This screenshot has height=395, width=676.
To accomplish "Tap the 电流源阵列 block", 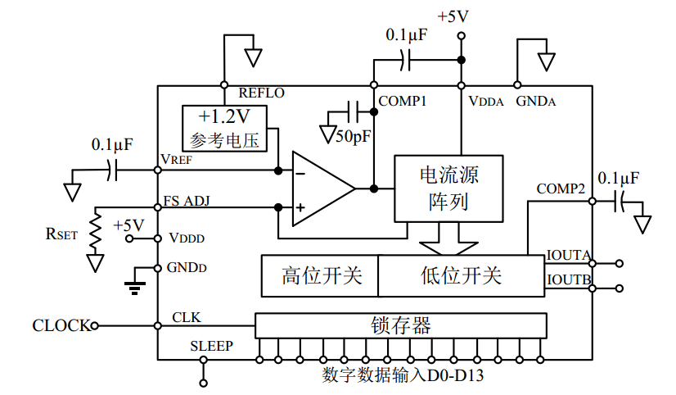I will pyautogui.click(x=448, y=188).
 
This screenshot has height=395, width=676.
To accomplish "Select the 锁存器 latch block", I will pyautogui.click(x=400, y=325).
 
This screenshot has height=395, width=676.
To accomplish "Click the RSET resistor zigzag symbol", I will pyautogui.click(x=96, y=233).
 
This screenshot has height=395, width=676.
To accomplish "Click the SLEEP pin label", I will pyautogui.click(x=211, y=346).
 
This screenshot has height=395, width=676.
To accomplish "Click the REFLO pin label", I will pyautogui.click(x=261, y=93).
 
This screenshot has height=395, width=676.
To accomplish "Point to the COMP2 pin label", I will pyautogui.click(x=561, y=188).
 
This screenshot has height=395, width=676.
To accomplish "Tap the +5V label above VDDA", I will pyautogui.click(x=454, y=16).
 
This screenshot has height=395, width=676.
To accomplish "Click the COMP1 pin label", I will pyautogui.click(x=402, y=101).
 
